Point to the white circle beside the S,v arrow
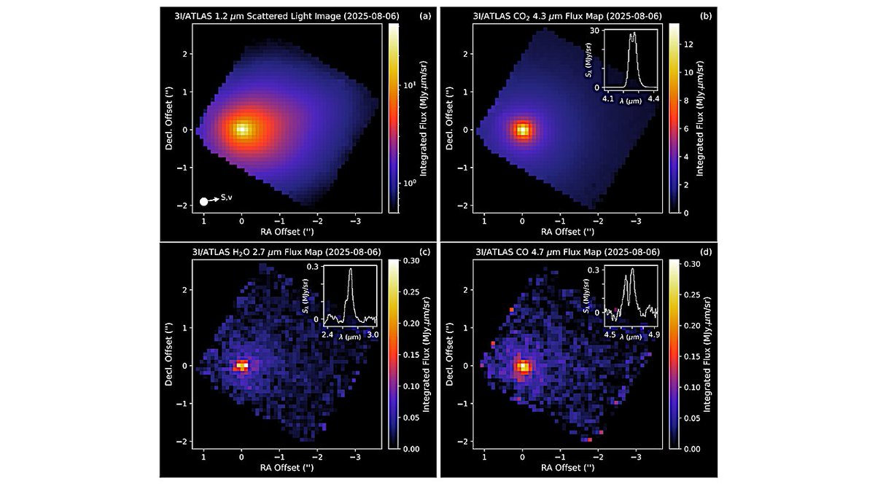[204, 200]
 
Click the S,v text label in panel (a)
[226, 197]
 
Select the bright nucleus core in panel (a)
[242, 130]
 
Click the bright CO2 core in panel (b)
[522, 130]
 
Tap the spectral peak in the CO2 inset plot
[633, 33]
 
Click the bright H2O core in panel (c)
[241, 366]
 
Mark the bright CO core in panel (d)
[522, 366]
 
